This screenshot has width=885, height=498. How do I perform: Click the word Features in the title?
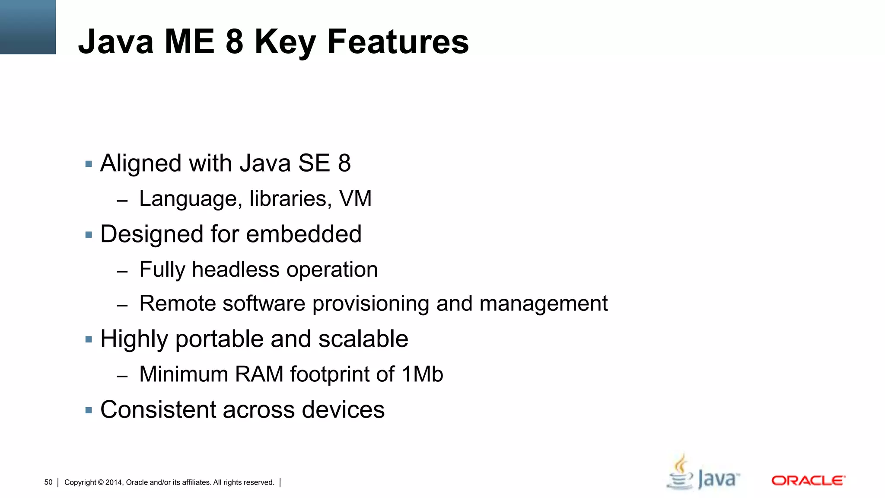pyautogui.click(x=398, y=41)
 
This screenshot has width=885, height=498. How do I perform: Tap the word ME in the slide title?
pyautogui.click(x=189, y=41)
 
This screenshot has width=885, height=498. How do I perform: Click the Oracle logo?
pyautogui.click(x=808, y=480)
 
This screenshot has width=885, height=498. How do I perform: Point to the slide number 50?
pyautogui.click(x=48, y=482)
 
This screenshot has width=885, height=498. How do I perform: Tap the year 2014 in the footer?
pyautogui.click(x=114, y=482)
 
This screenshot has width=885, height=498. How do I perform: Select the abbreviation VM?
pyautogui.click(x=355, y=199)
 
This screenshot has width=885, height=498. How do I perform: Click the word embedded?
pyautogui.click(x=304, y=234)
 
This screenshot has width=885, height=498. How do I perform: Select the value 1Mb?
pyautogui.click(x=422, y=374)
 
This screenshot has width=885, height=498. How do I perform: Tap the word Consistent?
pyautogui.click(x=158, y=410)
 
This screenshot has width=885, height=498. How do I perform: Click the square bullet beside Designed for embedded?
pyautogui.click(x=89, y=235)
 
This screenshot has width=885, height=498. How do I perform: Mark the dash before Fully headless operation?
pyautogui.click(x=122, y=272)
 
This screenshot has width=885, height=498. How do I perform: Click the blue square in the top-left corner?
pyautogui.click(x=28, y=27)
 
